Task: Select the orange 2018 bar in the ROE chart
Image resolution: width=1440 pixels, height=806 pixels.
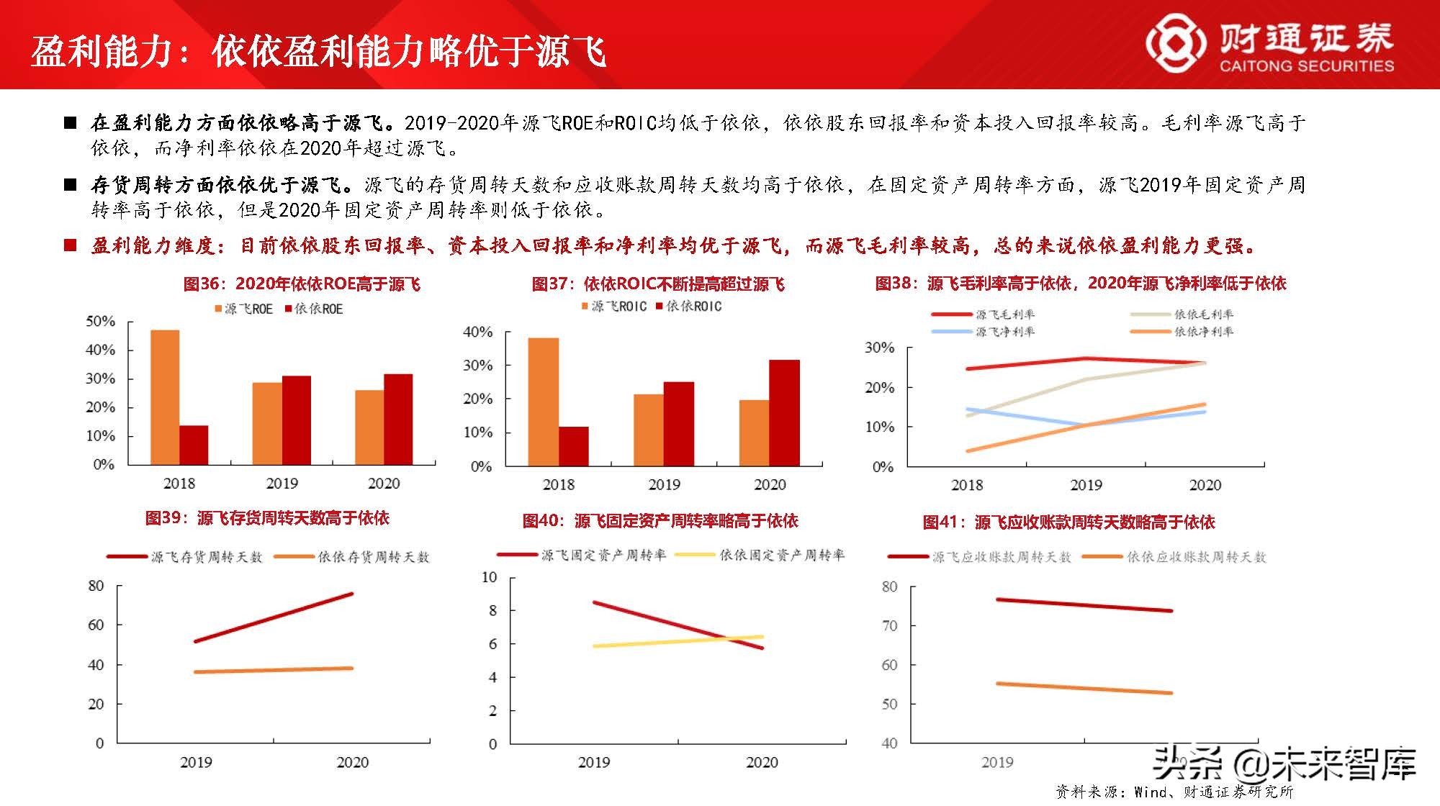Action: (165, 397)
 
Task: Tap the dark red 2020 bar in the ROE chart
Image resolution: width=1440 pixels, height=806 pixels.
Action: (398, 419)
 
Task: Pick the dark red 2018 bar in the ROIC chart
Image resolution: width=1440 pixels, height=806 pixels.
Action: (573, 446)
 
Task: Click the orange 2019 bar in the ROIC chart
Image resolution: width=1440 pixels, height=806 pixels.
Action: (649, 430)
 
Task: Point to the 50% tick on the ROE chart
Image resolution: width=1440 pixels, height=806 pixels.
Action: (100, 322)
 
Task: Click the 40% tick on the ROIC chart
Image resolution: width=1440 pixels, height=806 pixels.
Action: (477, 332)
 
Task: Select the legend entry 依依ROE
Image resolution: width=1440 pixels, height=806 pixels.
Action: (314, 309)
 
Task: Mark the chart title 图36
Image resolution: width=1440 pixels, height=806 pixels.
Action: (302, 284)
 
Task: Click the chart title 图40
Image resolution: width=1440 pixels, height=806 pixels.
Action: (660, 520)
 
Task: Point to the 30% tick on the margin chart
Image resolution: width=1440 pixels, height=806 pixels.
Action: (879, 348)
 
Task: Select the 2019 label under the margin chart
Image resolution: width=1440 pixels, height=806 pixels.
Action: (1086, 485)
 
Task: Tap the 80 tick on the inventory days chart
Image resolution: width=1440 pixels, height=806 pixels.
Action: (96, 586)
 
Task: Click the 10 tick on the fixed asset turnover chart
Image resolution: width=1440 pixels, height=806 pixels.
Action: (489, 577)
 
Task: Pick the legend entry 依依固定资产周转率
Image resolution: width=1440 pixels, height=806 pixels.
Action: (781, 555)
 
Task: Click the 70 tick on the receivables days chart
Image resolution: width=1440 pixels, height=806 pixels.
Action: (889, 626)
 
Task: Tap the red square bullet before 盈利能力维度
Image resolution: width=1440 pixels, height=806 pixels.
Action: (70, 245)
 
